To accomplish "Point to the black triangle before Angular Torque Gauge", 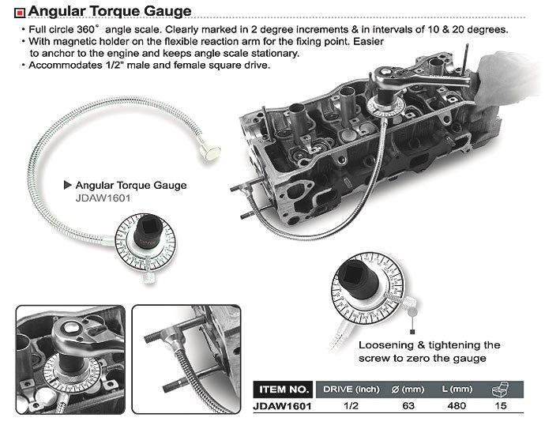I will coord(67,185).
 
